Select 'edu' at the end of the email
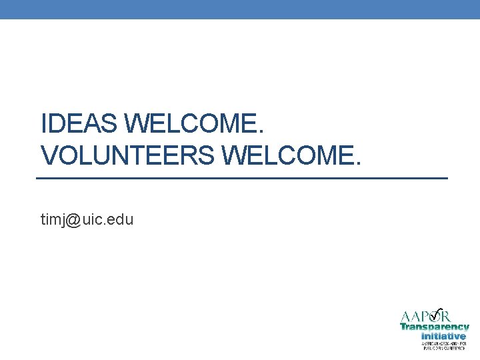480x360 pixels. [x=121, y=219]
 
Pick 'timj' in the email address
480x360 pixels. [x=53, y=219]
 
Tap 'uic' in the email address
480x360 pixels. [x=92, y=219]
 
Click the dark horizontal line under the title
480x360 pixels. [x=241, y=179]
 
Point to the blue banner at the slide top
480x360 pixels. [x=240, y=9]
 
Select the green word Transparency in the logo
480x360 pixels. [x=435, y=327]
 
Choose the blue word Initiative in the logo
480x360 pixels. [x=444, y=336]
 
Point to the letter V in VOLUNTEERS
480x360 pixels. [x=49, y=156]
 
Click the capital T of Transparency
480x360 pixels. [x=403, y=327]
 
